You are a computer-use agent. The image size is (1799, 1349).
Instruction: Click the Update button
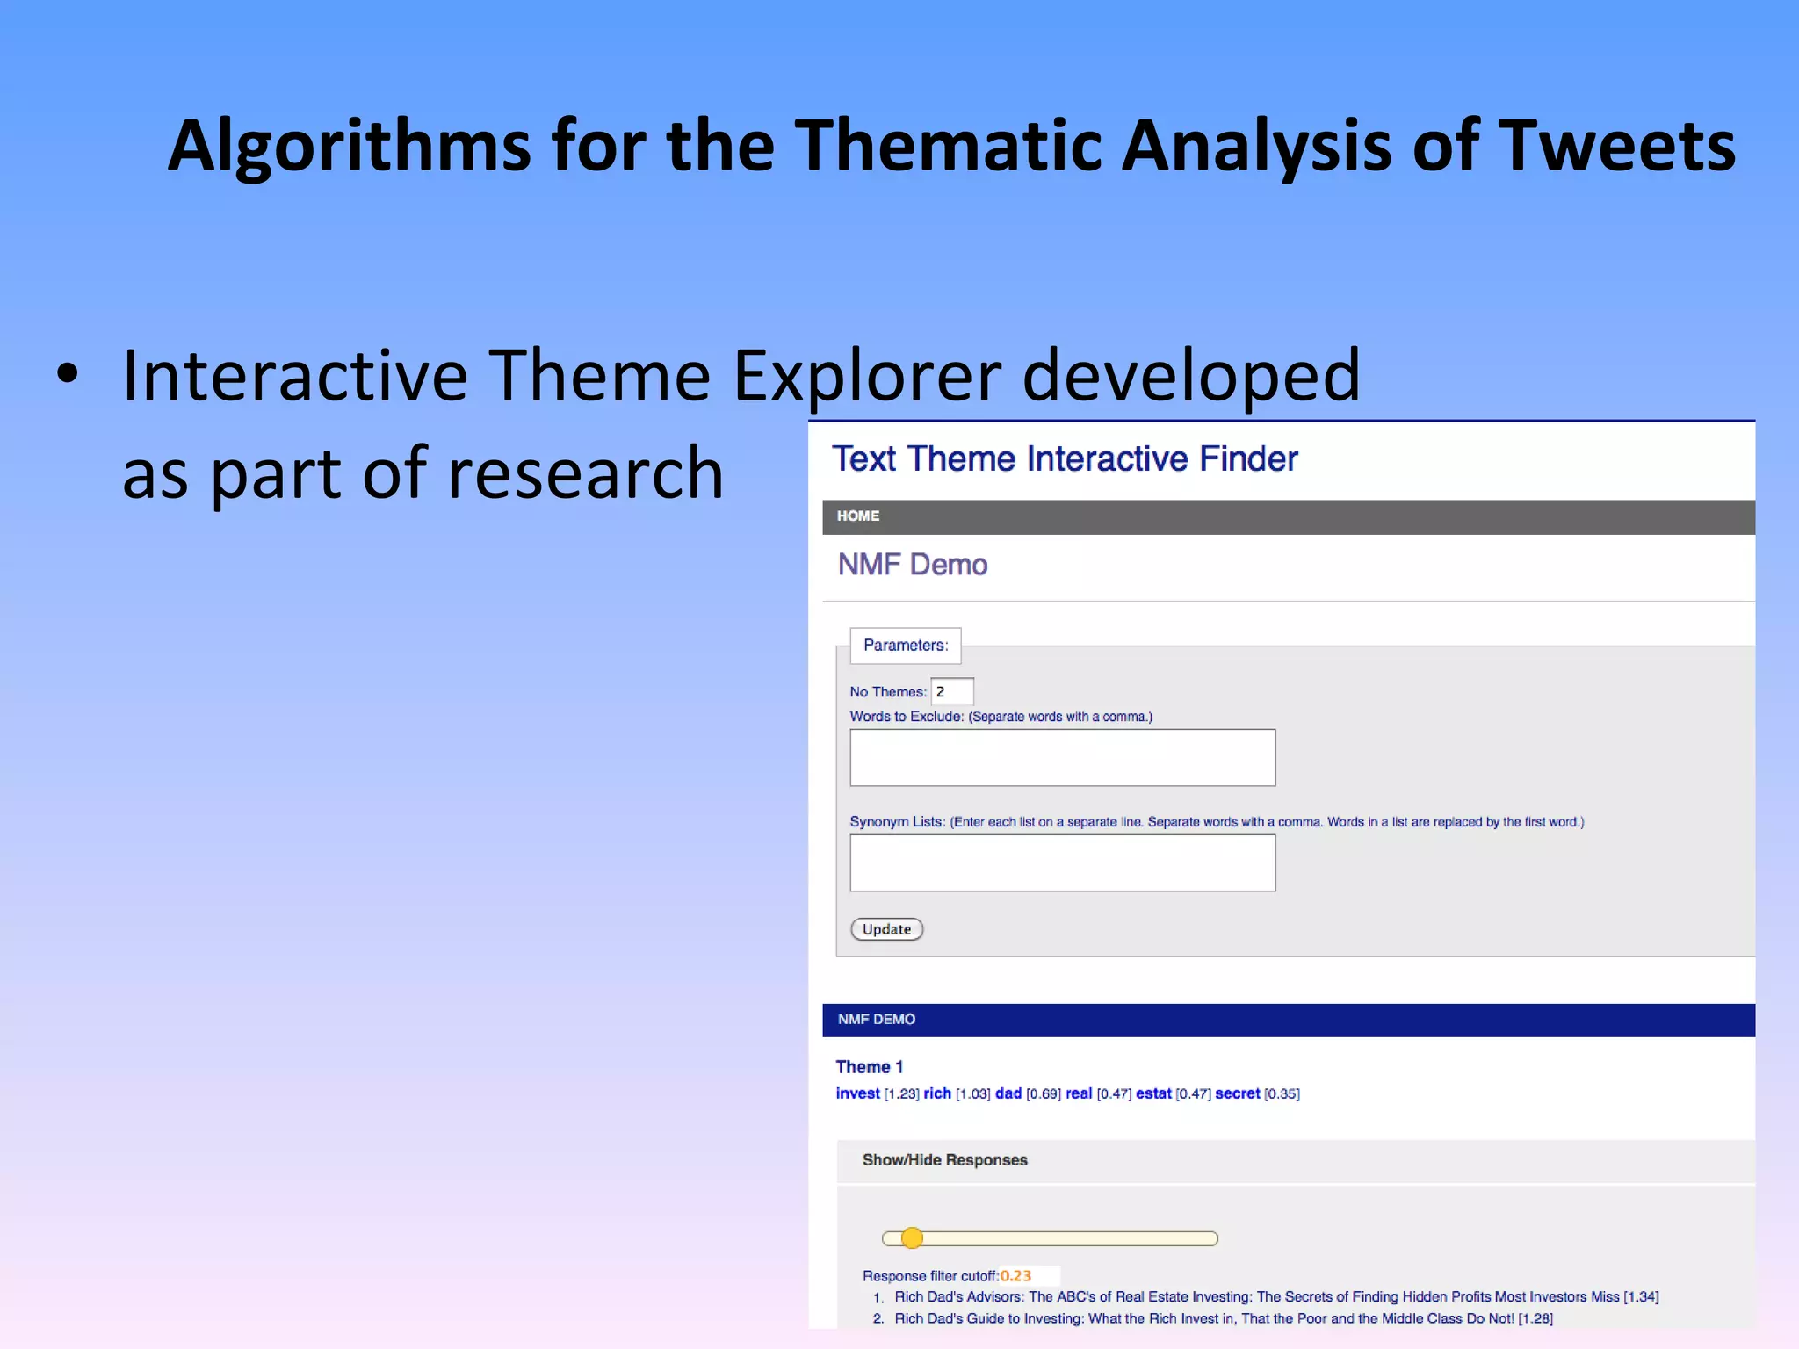[886, 929]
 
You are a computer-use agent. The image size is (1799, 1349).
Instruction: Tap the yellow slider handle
[913, 1238]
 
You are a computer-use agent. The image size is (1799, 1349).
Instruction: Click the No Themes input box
[952, 692]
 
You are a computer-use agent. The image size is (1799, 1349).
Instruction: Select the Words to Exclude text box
[1062, 757]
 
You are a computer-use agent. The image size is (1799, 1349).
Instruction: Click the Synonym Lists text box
[1062, 862]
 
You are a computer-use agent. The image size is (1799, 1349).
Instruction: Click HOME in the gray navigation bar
[857, 516]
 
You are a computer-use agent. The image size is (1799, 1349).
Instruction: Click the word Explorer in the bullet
[867, 376]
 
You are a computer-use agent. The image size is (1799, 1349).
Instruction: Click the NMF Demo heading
[913, 565]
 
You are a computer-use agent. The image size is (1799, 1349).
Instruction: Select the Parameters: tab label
[905, 646]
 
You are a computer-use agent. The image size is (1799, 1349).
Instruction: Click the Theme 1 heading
[869, 1067]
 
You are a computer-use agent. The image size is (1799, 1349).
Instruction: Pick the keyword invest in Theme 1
[857, 1093]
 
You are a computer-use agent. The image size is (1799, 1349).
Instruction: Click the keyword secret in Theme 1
[1237, 1093]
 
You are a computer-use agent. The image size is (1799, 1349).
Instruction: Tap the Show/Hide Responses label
[944, 1160]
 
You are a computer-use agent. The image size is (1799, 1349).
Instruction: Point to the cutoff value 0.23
[1015, 1276]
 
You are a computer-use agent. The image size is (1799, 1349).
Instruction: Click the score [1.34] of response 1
[1640, 1297]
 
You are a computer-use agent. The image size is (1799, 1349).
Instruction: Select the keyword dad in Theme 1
[1008, 1093]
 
